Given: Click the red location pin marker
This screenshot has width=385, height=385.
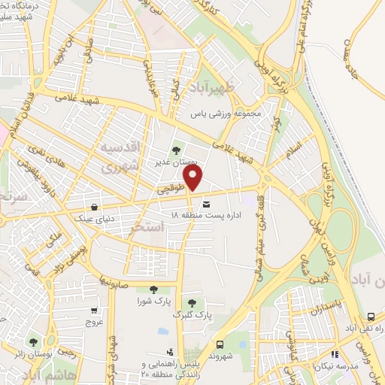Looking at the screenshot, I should pyautogui.click(x=194, y=179).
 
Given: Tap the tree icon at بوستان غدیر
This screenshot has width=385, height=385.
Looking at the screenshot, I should pyautogui.click(x=177, y=150).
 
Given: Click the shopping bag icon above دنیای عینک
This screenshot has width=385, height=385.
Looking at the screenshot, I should pyautogui.click(x=93, y=207).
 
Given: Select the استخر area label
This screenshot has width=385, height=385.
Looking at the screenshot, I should pyautogui.click(x=147, y=226).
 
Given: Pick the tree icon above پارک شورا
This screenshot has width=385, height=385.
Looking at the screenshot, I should pyautogui.click(x=153, y=290).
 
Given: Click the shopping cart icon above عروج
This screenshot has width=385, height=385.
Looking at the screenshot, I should pyautogui.click(x=93, y=311).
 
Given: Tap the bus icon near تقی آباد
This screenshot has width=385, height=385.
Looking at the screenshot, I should pyautogui.click(x=371, y=317).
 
